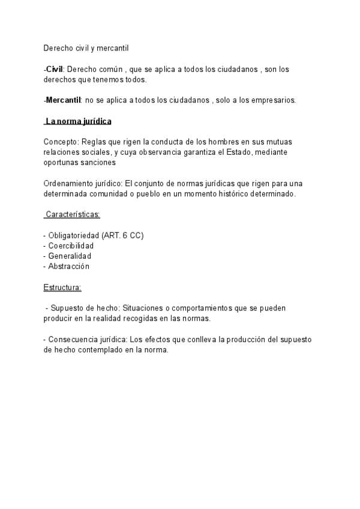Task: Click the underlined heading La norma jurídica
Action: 79,121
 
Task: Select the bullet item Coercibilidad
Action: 71,245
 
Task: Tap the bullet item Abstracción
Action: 68,266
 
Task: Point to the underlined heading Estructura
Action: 62,287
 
